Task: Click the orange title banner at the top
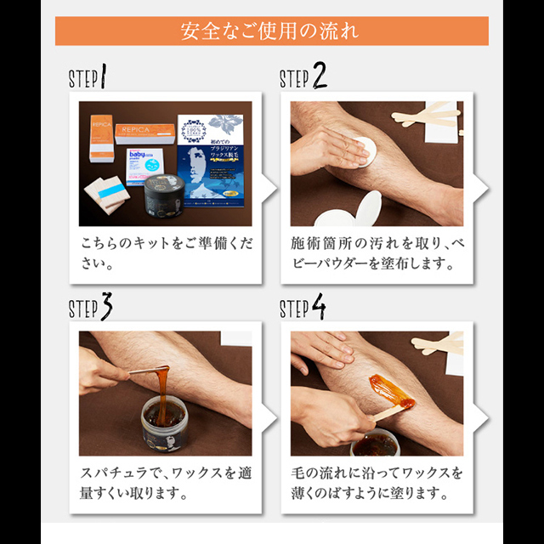(x=271, y=31)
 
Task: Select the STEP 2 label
(x=303, y=78)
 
